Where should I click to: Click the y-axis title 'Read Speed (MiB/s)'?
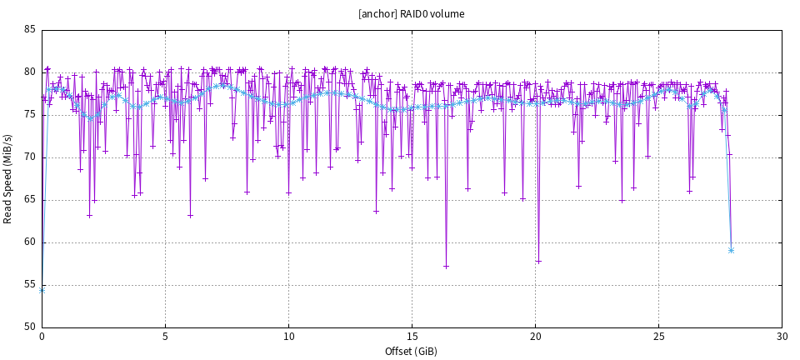coord(8,178)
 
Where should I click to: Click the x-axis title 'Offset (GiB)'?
coord(411,351)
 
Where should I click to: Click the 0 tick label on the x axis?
coord(42,337)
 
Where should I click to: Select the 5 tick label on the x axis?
coord(165,337)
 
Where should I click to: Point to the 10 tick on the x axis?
coord(288,337)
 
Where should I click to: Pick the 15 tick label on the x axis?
coord(412,337)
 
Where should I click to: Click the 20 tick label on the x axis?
coord(535,337)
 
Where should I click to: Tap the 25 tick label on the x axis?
coord(658,337)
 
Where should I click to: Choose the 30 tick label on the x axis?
coord(782,337)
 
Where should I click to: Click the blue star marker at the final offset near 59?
coord(731,250)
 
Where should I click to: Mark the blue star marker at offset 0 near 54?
coord(42,290)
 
